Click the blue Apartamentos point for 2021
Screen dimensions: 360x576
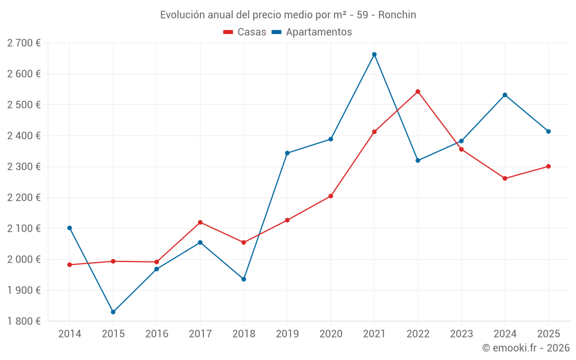click(374, 55)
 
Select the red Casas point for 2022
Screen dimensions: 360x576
click(418, 92)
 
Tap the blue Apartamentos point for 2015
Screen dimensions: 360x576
click(113, 312)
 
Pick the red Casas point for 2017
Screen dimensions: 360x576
click(200, 222)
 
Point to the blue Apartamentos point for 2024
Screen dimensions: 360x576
click(505, 95)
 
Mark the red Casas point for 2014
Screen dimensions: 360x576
click(70, 265)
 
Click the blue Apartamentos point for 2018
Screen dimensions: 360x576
click(244, 279)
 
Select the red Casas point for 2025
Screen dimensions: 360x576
click(548, 166)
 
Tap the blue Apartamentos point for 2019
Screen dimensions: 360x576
click(287, 153)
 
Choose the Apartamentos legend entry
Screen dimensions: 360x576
click(312, 32)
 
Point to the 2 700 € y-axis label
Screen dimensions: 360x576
click(24, 43)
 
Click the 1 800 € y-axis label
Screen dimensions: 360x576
click(24, 321)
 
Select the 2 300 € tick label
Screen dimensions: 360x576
click(24, 167)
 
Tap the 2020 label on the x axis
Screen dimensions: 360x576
click(331, 334)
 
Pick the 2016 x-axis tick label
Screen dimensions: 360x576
click(157, 334)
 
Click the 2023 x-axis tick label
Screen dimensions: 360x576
click(461, 334)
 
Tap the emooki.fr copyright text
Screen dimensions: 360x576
click(526, 348)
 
